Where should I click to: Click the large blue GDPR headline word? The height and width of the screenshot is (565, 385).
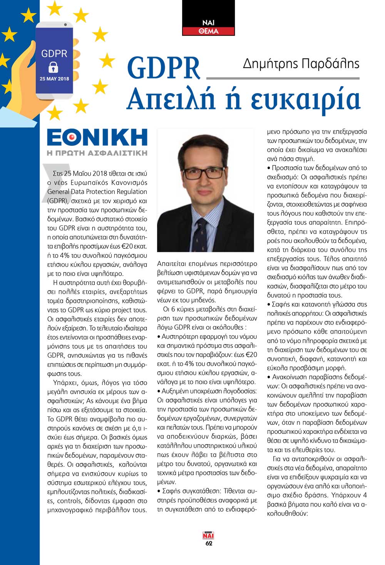(164, 68)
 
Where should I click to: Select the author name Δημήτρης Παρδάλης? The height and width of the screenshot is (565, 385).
(301, 64)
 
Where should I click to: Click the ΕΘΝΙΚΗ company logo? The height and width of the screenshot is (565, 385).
(97, 137)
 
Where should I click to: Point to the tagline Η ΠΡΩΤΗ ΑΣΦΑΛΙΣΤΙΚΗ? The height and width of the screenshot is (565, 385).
(97, 153)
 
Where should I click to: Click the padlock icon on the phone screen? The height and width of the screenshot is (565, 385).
(54, 68)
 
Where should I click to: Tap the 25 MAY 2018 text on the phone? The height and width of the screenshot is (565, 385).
(54, 79)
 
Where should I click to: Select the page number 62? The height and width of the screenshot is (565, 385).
(209, 543)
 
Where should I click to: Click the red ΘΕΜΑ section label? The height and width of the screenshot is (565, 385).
(208, 31)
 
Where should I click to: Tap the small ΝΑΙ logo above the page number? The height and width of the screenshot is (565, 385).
(208, 535)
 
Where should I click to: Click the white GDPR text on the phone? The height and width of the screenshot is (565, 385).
(54, 53)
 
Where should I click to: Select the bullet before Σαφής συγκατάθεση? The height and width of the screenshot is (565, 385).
(159, 491)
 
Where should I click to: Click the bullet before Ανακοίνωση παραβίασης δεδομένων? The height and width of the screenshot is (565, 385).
(269, 377)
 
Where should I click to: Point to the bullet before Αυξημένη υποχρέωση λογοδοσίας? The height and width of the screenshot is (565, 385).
(159, 391)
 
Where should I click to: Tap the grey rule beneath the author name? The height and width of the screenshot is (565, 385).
(283, 79)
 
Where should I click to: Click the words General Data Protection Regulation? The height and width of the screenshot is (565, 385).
(97, 191)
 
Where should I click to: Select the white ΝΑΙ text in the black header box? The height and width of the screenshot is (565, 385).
(208, 23)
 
